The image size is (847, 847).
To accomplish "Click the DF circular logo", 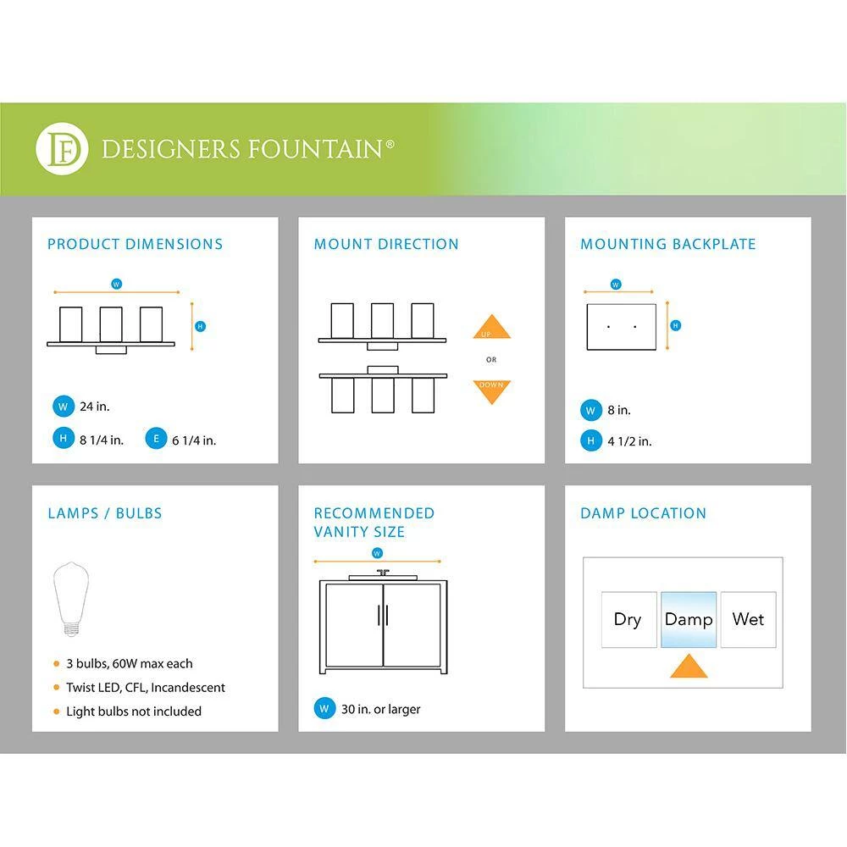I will coord(62,149).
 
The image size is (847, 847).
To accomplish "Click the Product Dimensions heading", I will coord(135,244).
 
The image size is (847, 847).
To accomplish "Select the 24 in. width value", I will coord(95,407).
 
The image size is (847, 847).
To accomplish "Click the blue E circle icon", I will coord(156,440).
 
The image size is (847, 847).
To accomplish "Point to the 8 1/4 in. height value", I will coord(102,440).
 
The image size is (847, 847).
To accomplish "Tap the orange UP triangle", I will coord(491,329).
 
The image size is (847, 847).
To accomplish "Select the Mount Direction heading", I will coord(386,244).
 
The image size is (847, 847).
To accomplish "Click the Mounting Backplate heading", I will coord(667,244).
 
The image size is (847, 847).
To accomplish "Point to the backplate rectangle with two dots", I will coord(621,326).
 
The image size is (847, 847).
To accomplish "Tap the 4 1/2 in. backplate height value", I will coord(629,440).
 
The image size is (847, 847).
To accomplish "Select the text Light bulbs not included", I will coord(134,711).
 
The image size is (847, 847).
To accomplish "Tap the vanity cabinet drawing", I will coord(384,625).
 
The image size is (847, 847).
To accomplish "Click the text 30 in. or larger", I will coord(380,709).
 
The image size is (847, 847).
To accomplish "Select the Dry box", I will coord(628,619).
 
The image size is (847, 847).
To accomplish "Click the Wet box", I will coord(748,619).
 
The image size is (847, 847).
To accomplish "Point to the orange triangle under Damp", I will coord(688,666).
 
